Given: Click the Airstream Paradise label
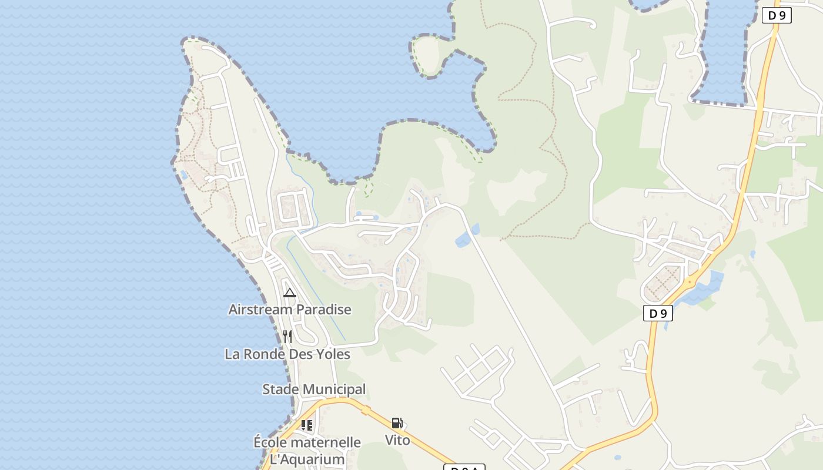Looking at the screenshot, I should click(x=290, y=310).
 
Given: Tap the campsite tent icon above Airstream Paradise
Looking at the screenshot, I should click(x=289, y=293).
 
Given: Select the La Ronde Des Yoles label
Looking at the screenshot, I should click(x=287, y=354).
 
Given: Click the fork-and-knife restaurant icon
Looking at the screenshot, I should click(x=287, y=336).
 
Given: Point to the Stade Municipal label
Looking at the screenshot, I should click(x=314, y=389).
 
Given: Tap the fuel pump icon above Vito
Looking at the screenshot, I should click(x=397, y=423).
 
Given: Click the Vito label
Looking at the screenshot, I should click(x=397, y=439).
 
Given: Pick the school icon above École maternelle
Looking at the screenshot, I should click(x=306, y=425).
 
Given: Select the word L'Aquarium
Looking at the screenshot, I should click(x=307, y=459).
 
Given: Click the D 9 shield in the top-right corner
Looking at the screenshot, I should click(x=777, y=16).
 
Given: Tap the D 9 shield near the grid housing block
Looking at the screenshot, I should click(x=658, y=314).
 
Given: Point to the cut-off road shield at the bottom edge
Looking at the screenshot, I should click(x=464, y=467).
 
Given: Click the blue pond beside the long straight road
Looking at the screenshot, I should click(x=466, y=236).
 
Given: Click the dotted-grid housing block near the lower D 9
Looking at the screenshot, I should click(x=663, y=283).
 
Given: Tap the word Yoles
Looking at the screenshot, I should click(x=332, y=354).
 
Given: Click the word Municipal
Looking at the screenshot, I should click(x=338, y=389).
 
